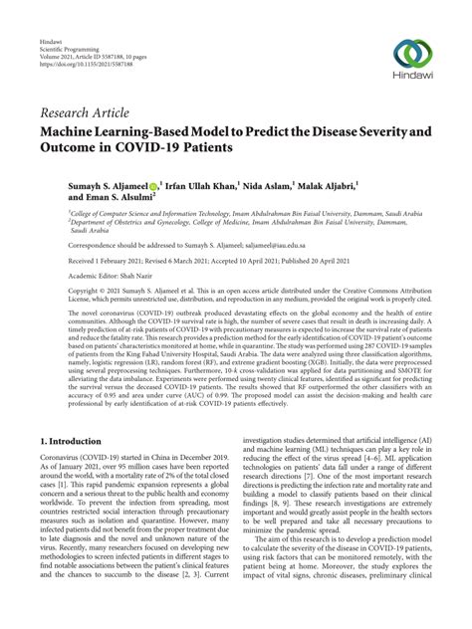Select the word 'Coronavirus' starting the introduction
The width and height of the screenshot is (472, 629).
point(62,456)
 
